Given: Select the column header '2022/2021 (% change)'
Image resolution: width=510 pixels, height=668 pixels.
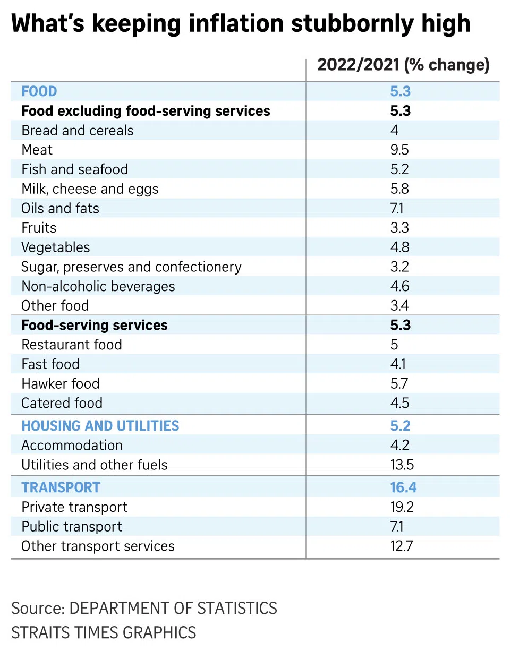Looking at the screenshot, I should [x=403, y=65].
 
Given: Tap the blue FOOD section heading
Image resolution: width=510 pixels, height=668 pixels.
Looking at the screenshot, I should [x=39, y=91].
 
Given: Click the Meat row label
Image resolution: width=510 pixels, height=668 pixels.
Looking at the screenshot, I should [x=37, y=150].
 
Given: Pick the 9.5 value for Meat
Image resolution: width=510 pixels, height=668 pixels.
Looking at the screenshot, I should [x=399, y=150].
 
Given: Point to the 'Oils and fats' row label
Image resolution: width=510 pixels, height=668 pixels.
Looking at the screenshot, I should [x=60, y=208].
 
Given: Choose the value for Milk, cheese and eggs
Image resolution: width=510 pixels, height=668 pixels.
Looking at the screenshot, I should [x=399, y=189].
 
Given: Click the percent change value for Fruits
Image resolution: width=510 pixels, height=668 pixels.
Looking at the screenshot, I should [x=399, y=228].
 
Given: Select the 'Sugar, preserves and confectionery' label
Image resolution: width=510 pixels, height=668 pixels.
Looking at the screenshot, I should [x=131, y=267].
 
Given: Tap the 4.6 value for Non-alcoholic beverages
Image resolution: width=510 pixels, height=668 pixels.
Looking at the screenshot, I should [x=399, y=286].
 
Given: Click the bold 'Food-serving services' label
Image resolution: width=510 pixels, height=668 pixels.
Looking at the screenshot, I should [x=95, y=325].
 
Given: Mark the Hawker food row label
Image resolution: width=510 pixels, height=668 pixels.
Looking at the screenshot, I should [x=61, y=383].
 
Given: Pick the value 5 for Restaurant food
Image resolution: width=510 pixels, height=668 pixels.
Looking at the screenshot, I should [x=394, y=345].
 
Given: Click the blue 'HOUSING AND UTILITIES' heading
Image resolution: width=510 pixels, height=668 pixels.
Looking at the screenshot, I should [x=100, y=426].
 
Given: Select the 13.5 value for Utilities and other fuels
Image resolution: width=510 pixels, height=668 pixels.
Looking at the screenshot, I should [x=402, y=465].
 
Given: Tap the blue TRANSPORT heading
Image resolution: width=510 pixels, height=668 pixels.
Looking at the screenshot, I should [x=61, y=487].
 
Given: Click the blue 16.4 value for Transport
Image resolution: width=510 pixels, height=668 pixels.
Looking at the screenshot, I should [x=403, y=487].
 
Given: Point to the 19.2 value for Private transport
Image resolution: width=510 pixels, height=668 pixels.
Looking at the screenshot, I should [x=402, y=507].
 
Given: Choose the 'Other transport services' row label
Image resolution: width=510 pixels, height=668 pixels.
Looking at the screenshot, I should [x=98, y=546].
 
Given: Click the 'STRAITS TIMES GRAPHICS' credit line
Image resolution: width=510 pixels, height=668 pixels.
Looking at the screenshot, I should [x=104, y=632].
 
